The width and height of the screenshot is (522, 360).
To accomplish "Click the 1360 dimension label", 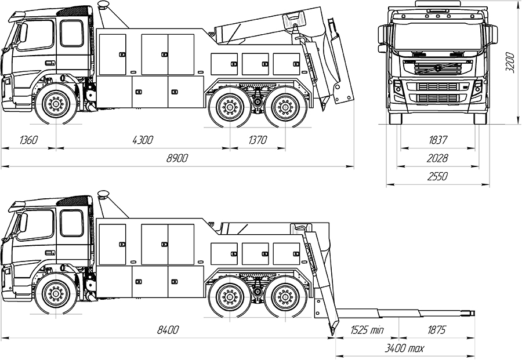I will click(28, 140).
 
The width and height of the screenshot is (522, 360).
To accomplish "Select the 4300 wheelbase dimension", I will click(143, 140).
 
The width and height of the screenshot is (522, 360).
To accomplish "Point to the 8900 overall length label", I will click(177, 158).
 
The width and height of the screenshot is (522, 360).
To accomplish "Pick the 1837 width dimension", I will click(437, 140).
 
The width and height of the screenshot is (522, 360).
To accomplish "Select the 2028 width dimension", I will click(437, 158).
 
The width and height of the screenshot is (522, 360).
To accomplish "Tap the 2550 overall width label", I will click(437, 176).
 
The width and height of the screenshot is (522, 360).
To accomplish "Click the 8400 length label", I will click(168, 330).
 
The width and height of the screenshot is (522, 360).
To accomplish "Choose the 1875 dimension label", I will click(436, 330).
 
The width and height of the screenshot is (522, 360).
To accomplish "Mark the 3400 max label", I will click(405, 348).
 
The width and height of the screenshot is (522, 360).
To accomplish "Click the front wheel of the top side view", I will click(56, 105).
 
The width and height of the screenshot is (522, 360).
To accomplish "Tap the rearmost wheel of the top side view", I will click(284, 107).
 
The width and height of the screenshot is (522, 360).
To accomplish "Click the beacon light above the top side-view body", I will click(104, 5).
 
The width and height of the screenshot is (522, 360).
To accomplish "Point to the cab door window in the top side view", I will click(72, 34).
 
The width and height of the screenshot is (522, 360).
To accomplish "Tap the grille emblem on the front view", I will click(437, 67).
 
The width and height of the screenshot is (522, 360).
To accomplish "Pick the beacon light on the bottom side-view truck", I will click(104, 194).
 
